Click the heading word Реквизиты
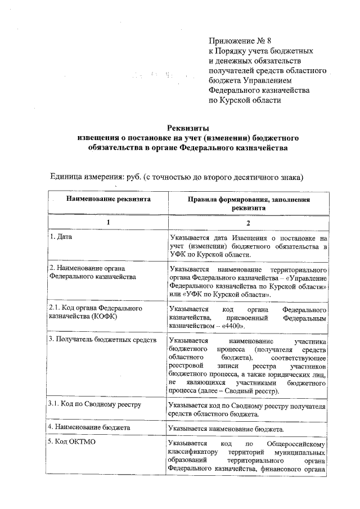(x=188, y=128)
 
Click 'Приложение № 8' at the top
(x=240, y=41)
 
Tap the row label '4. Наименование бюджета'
(x=90, y=427)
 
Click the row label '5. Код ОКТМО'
(x=72, y=443)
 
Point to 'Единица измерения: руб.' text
(x=95, y=177)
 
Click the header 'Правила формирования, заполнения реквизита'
(x=247, y=203)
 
